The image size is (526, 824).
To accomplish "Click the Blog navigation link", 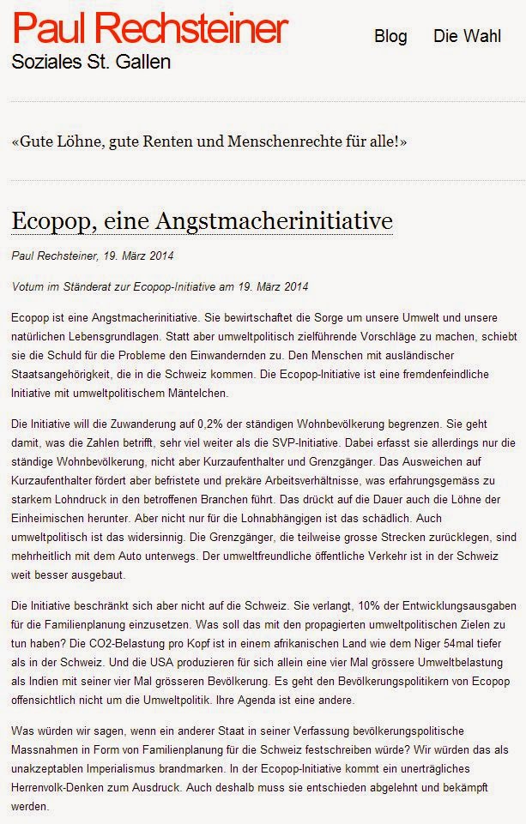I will [390, 37].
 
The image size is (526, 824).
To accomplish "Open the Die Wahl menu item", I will [467, 37].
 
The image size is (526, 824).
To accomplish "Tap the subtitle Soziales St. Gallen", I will [90, 63].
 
